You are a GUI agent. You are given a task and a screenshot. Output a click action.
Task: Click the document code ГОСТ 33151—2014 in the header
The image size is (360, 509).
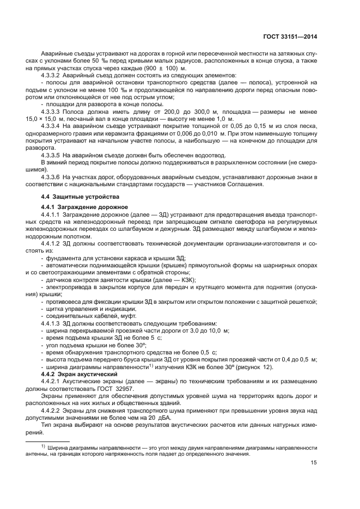click(288, 37)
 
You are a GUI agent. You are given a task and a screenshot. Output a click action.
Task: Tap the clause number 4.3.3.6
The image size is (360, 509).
click(54, 177)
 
